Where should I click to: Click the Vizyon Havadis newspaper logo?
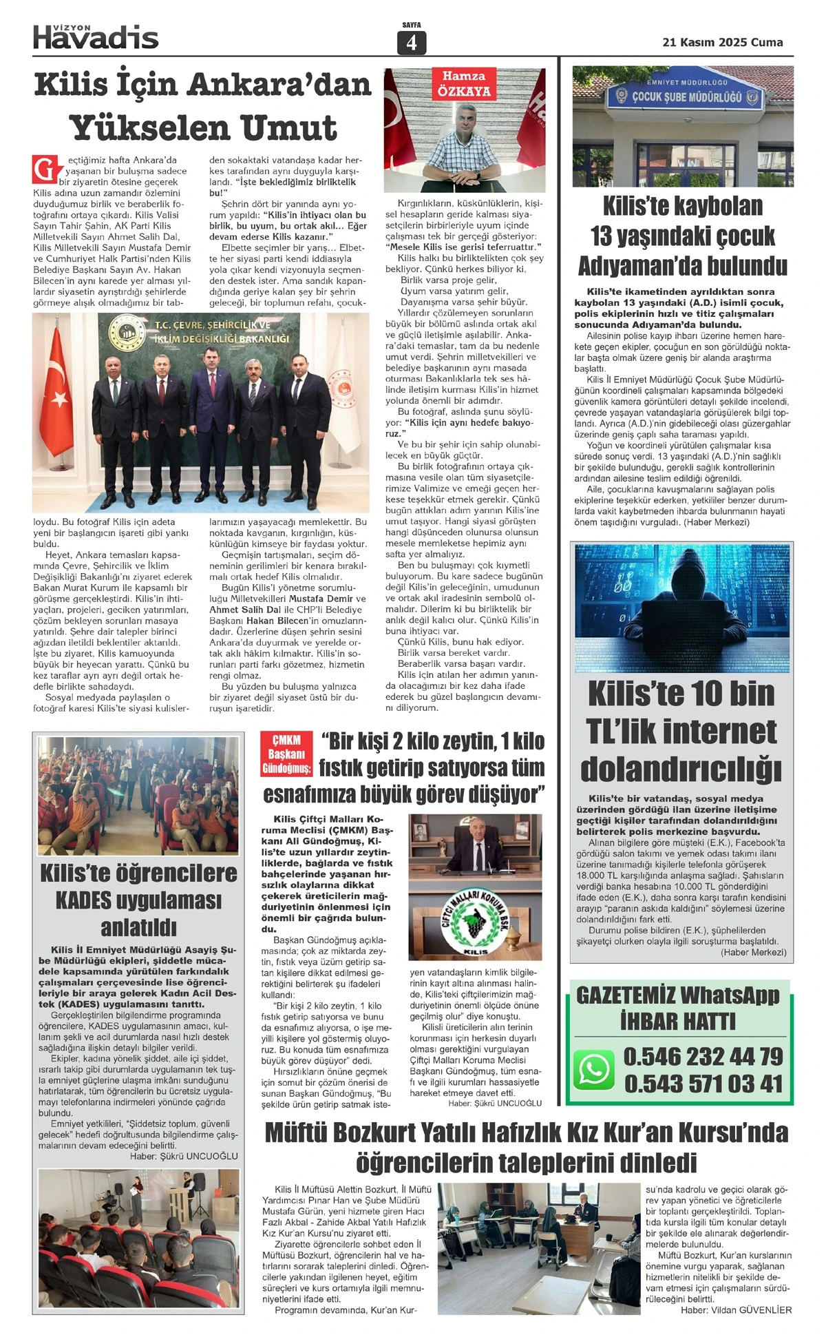tap(96, 36)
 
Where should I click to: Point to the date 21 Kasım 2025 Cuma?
tap(722, 42)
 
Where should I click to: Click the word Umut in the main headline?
tap(284, 128)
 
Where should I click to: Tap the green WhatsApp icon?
tap(593, 1069)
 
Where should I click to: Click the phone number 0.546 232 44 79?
tap(703, 1056)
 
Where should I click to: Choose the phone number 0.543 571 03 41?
tap(703, 1084)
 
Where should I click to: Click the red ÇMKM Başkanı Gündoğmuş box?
tap(286, 754)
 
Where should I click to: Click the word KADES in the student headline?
tap(82, 900)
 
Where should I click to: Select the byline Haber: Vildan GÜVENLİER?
tap(736, 1310)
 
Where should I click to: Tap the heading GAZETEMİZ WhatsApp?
tap(677, 995)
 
